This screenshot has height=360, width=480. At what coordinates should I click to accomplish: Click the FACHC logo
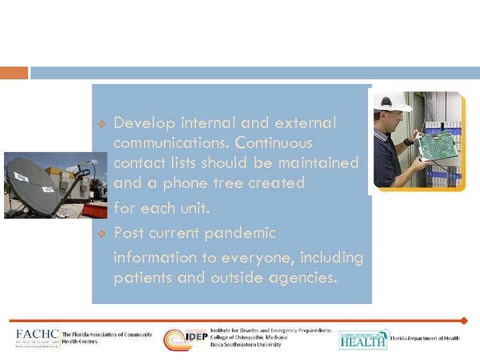tap(37, 337)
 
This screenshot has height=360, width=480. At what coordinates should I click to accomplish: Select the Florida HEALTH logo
tap(363, 339)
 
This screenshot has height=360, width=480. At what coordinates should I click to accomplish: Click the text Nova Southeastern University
tap(245, 345)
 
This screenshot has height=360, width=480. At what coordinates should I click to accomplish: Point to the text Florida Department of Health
tap(425, 339)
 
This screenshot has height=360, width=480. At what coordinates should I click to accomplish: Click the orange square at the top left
tap(14, 73)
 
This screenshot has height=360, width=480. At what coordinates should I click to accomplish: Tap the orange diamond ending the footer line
tap(464, 321)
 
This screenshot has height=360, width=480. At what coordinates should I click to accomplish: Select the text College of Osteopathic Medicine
tap(249, 337)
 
